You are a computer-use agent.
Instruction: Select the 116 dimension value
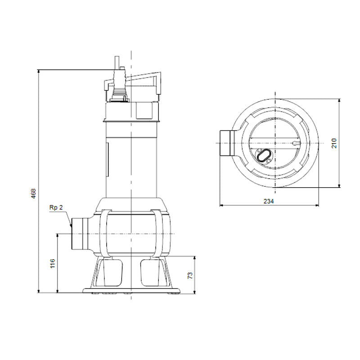point(53,263)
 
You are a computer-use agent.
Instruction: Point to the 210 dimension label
point(334,143)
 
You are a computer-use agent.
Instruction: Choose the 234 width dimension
point(268,201)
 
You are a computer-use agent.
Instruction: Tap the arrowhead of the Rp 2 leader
point(71,225)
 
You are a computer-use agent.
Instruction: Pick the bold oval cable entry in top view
point(263,155)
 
